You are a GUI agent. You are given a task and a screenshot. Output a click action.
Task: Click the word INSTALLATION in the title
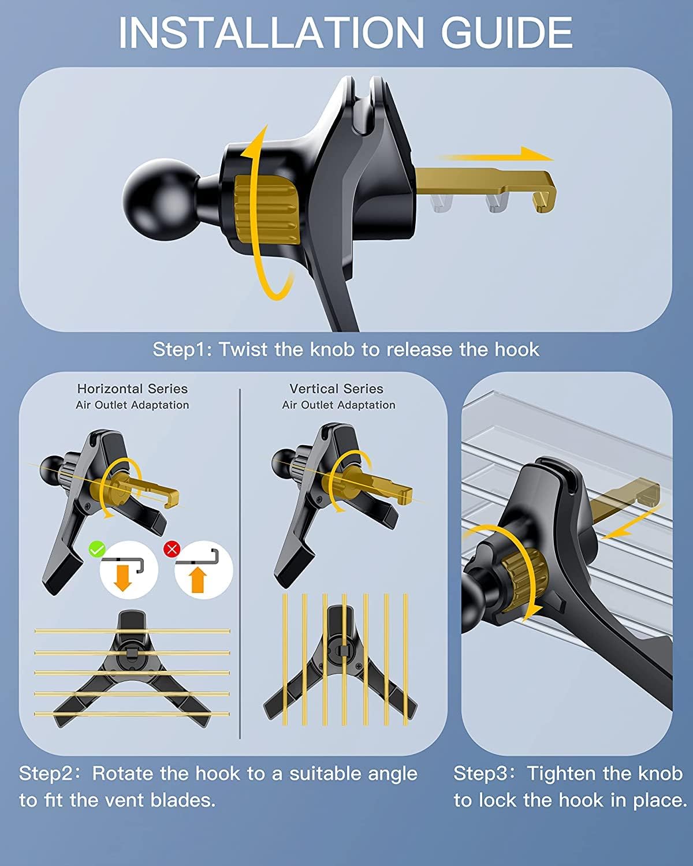point(271,32)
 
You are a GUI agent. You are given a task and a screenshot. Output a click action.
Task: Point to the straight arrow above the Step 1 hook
point(495,156)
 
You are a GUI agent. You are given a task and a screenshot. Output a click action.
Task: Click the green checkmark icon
point(97,549)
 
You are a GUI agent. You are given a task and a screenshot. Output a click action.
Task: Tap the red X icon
point(172,549)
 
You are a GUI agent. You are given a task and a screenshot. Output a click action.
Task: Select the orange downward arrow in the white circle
point(123,578)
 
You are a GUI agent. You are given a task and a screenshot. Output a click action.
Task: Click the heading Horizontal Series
point(132,389)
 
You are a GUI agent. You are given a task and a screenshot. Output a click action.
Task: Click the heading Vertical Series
point(337,389)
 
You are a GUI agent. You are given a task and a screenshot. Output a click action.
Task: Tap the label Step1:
point(182,349)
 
